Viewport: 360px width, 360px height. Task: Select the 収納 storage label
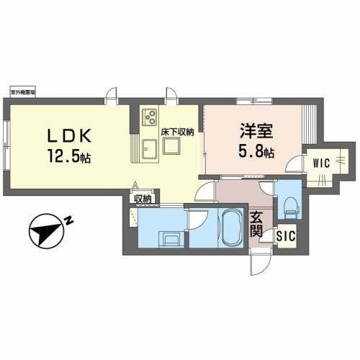click(142, 199)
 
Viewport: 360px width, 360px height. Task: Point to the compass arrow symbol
click(45, 232)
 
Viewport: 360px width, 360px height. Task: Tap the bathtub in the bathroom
click(231, 228)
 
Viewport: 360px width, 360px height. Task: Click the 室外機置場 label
click(25, 93)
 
